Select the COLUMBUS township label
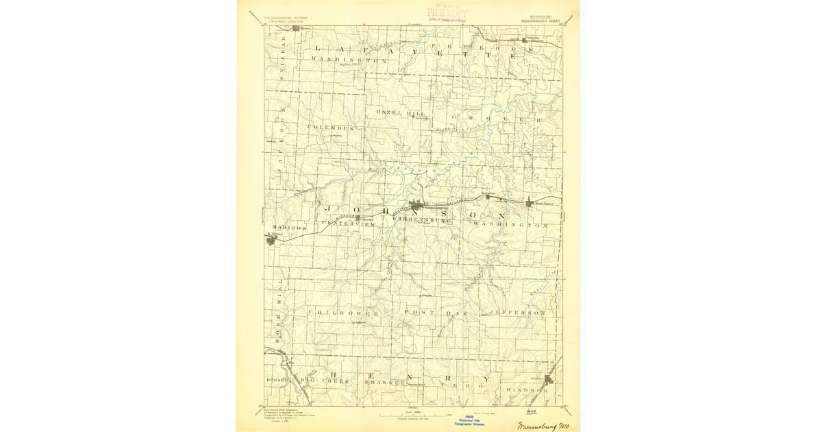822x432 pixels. [x=330, y=128]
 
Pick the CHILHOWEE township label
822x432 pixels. [x=343, y=313]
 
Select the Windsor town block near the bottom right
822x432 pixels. [x=549, y=378]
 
